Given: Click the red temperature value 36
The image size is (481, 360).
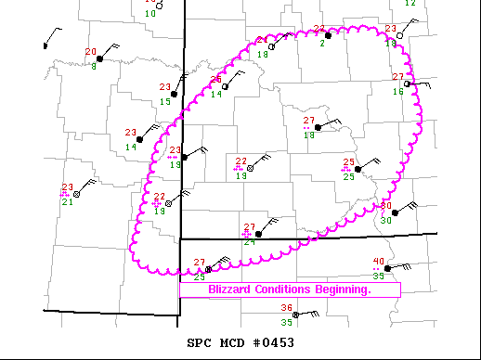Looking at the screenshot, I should click(287, 308).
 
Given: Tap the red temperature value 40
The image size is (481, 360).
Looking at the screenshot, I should click(378, 262).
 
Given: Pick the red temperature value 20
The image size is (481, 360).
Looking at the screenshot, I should click(91, 51).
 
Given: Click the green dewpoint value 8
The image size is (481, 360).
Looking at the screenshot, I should click(94, 68).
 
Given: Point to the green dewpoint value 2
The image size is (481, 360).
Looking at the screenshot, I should click(322, 43).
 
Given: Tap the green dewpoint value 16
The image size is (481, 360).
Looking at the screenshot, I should click(397, 91).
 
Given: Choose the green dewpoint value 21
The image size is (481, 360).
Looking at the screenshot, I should click(67, 201).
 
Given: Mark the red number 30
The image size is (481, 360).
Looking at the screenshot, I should click(387, 206).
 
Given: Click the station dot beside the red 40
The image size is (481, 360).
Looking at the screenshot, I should click(387, 267).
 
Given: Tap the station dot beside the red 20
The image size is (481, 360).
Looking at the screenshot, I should click(99, 58).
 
